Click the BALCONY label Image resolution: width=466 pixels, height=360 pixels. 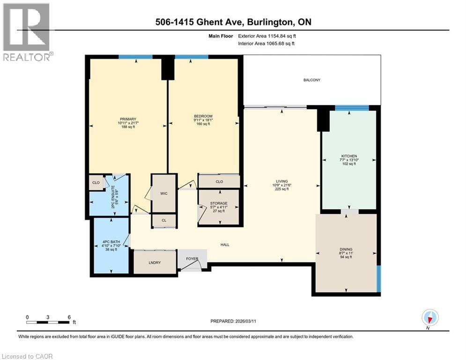pos(311,80)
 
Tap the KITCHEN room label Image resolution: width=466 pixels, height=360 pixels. pos(349,156)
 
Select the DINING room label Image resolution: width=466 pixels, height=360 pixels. pos(346,249)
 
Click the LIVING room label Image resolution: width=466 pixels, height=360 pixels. pos(281,181)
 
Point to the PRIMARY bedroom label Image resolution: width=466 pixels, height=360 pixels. pos(127,119)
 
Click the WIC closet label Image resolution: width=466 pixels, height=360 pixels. pos(164,193)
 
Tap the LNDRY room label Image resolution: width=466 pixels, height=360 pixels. pos(155,262)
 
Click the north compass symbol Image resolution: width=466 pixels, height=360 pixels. pos(429,318)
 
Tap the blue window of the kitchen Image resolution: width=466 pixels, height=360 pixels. pos(352,108)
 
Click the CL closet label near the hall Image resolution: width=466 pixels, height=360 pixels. pos(164,220)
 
